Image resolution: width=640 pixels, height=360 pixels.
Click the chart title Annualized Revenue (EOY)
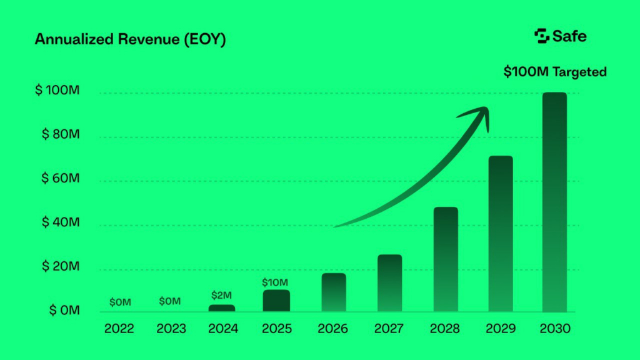[x=130, y=39]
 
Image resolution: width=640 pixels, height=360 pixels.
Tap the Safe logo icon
[x=542, y=36]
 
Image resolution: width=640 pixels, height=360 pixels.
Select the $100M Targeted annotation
[x=555, y=72]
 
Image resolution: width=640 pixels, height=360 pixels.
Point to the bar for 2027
[x=389, y=283]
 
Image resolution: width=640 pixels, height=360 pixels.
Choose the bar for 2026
[x=334, y=292]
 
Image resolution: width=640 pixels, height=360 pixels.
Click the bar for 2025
[x=276, y=301]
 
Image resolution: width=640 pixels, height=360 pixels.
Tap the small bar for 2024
[x=222, y=308]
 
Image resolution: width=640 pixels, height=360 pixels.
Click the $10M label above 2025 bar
[x=275, y=282]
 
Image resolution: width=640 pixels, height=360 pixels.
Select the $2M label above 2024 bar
[x=222, y=295]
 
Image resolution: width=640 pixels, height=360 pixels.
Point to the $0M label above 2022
[x=120, y=302]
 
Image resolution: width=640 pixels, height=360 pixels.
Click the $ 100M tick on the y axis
[x=57, y=91]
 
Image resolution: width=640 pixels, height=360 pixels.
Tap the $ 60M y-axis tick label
[x=60, y=179]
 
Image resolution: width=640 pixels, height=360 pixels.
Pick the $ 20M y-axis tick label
[x=60, y=267]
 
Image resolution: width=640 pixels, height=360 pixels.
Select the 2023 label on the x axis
[x=171, y=329]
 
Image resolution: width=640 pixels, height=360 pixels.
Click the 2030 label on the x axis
[x=555, y=329]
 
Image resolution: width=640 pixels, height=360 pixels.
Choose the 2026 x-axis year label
[x=334, y=329]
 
